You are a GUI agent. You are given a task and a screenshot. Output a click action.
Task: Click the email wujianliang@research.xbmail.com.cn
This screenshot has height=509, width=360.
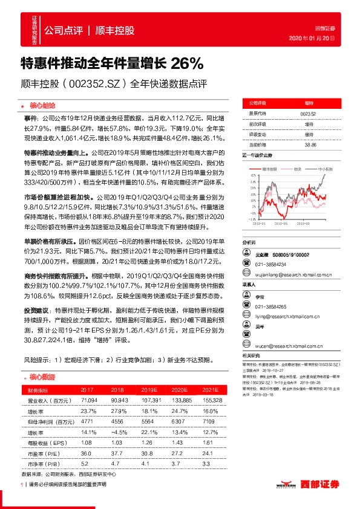pyautogui.click(x=293, y=274)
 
